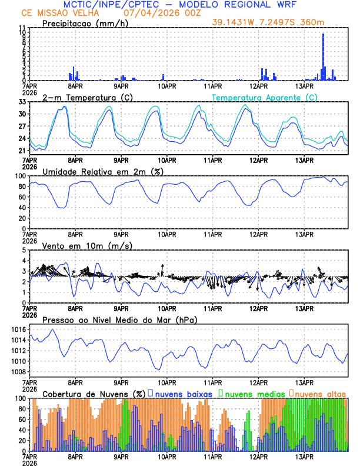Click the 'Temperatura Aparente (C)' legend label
(x=261, y=97)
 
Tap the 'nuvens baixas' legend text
(x=184, y=394)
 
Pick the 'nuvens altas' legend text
(x=320, y=394)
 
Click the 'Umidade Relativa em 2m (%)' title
(x=102, y=171)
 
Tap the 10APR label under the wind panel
(x=167, y=308)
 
